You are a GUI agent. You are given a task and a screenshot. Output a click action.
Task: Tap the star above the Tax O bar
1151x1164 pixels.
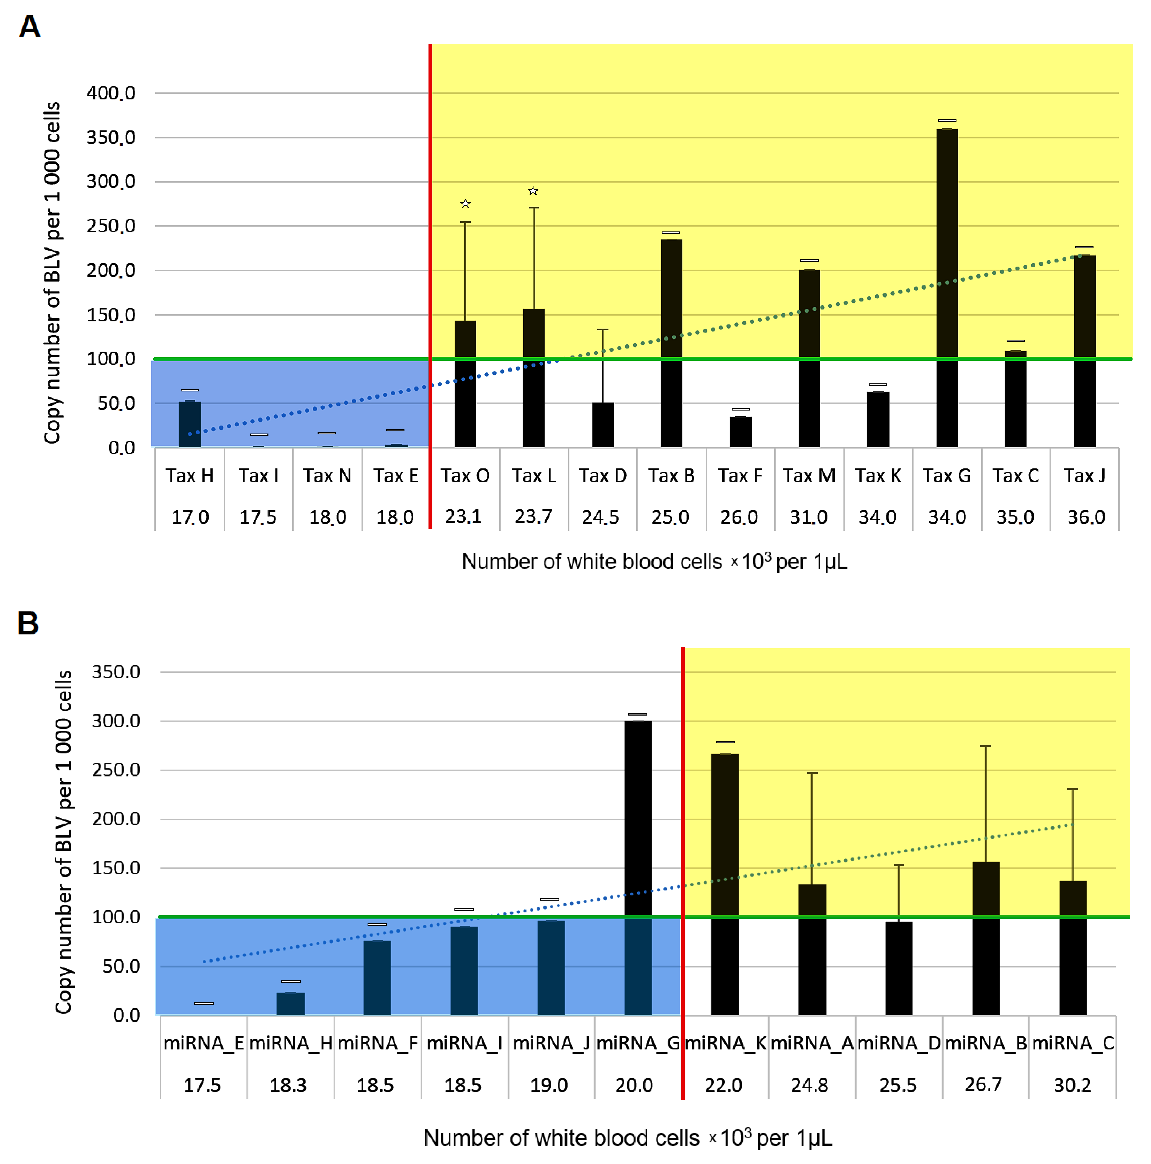tap(465, 204)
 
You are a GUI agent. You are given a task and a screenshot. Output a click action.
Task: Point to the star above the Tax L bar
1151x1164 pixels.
tap(533, 191)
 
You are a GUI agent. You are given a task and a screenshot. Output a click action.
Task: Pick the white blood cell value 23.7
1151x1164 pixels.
tap(533, 516)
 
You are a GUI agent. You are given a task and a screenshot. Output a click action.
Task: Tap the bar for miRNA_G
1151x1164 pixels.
tap(638, 867)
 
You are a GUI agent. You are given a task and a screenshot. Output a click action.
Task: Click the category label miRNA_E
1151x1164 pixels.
tap(203, 1043)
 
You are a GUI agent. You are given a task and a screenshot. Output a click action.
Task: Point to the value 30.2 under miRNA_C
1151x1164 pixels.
tap(1072, 1085)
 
